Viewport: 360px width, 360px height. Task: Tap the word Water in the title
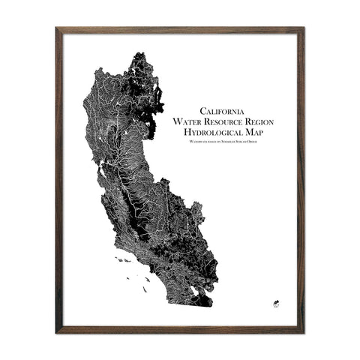tap(187, 121)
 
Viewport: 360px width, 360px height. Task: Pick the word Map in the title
tap(254, 132)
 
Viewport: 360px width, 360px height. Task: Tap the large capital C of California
tap(194, 109)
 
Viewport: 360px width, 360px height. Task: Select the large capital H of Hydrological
tap(178, 132)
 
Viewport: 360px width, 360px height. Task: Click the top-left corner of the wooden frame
tap(57, 28)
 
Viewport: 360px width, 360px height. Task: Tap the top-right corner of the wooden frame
tap(303, 28)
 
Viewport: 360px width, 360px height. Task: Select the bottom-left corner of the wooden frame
tap(57, 331)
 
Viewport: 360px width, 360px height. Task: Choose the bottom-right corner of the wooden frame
tap(303, 331)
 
